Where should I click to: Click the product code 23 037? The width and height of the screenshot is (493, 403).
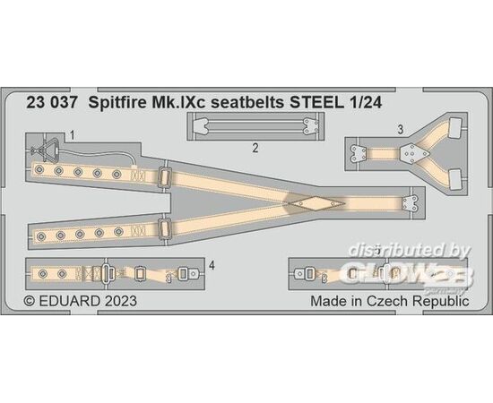52,103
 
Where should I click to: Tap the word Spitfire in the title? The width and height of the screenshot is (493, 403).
117,103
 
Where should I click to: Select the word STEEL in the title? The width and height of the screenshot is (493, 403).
316,103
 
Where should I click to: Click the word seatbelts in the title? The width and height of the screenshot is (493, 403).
247,103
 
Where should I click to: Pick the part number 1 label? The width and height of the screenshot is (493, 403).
72,136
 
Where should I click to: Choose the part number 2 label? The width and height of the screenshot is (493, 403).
255,148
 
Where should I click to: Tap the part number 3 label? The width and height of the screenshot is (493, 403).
400,130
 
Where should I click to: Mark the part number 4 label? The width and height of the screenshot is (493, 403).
212,266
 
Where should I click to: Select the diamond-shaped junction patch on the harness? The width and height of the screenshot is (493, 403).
316,203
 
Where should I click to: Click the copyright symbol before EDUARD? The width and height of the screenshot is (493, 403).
30,301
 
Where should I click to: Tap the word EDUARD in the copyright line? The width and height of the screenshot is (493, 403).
70,301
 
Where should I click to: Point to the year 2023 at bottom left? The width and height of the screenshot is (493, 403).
121,301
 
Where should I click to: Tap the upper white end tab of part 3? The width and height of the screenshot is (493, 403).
456,128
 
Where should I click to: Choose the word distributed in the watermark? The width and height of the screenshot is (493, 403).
397,251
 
